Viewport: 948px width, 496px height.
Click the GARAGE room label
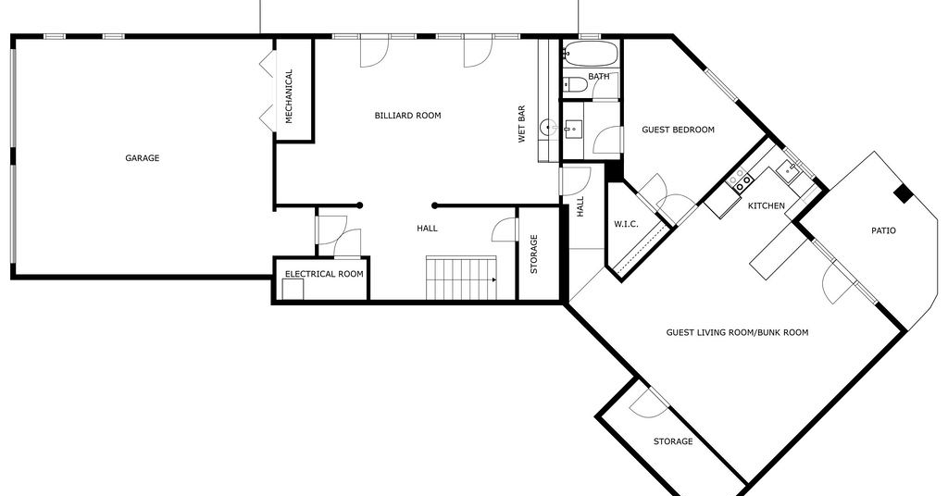coord(142,158)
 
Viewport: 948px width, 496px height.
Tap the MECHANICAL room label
coord(289,96)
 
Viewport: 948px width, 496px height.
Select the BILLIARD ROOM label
coord(407,116)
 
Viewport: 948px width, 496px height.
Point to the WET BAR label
coord(522,124)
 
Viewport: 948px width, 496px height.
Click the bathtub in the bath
coord(591,55)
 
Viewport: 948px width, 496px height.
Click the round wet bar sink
coord(548,128)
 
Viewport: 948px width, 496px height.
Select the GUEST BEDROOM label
coord(678,130)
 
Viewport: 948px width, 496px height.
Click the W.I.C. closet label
coord(626,224)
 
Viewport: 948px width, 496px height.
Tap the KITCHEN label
coord(766,206)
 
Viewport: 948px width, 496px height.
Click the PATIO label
coord(883,230)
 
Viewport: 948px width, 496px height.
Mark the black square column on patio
coord(904,194)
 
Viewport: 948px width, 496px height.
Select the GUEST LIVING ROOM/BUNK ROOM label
coord(737,332)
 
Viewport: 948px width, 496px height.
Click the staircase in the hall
coord(461,278)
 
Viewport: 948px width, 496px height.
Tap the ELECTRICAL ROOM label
coord(324,274)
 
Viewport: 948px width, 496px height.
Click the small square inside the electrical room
coord(293,290)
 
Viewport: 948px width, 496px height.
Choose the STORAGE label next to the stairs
coord(534,254)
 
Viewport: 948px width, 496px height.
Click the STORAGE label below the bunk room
coord(673,441)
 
